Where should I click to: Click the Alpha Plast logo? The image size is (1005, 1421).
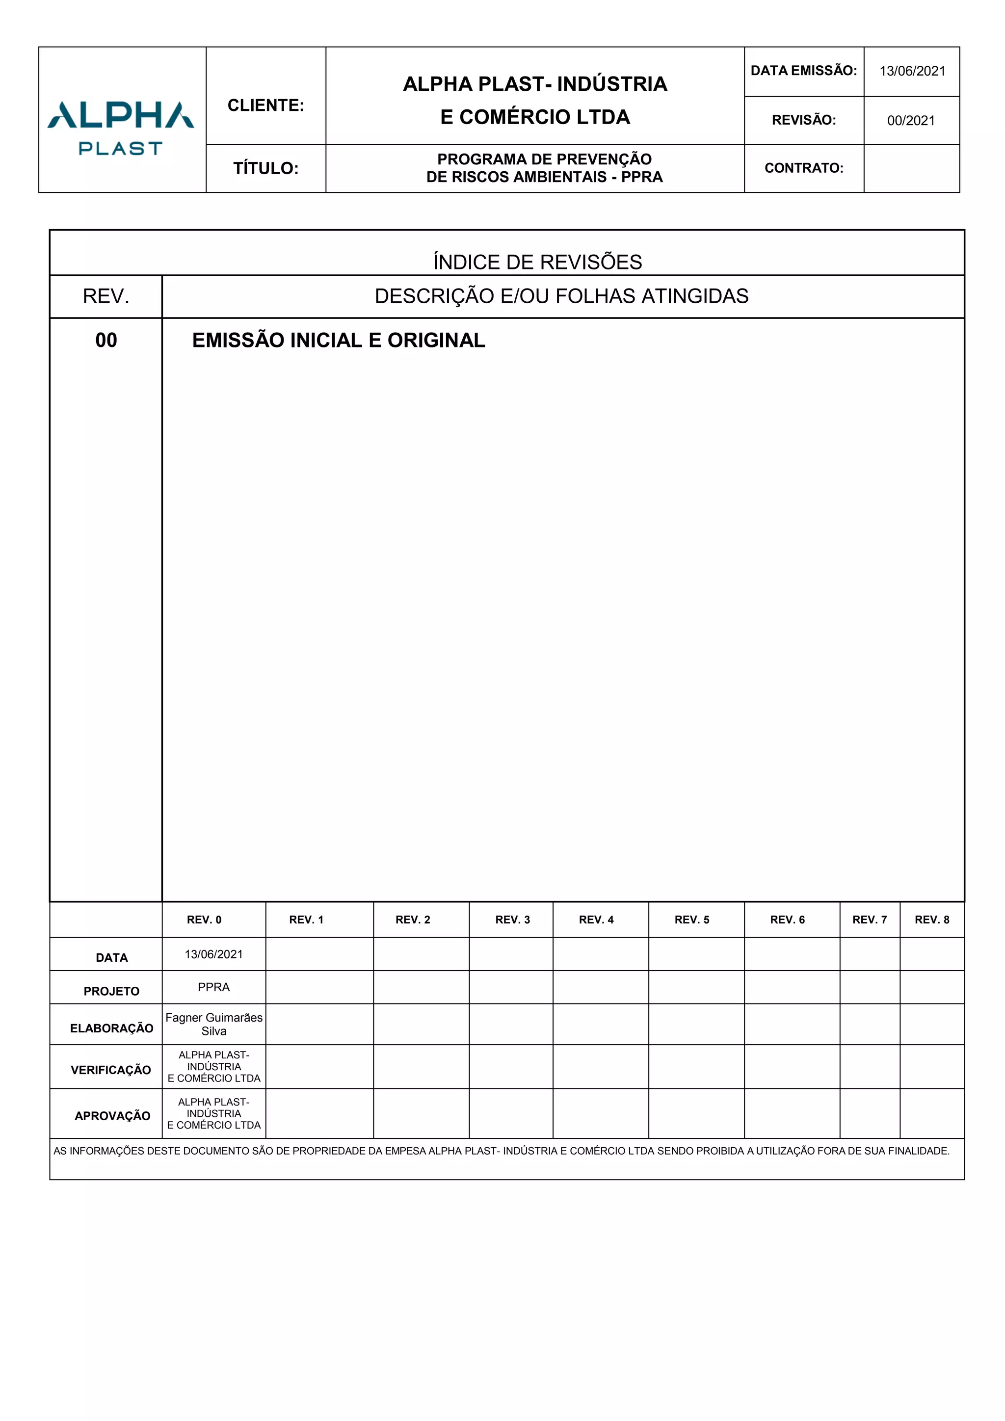click(x=121, y=127)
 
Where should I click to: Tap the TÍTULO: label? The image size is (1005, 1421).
click(x=265, y=168)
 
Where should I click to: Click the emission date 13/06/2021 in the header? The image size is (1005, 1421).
click(x=912, y=71)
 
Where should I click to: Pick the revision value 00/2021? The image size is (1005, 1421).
click(x=911, y=121)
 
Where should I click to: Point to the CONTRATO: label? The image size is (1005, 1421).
click(x=804, y=168)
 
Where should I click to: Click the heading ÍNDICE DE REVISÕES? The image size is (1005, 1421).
click(x=537, y=262)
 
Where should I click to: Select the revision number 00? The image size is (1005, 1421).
click(x=106, y=341)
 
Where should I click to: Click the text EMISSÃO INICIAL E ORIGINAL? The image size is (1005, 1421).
click(x=339, y=341)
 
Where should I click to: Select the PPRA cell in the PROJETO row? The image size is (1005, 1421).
click(x=213, y=987)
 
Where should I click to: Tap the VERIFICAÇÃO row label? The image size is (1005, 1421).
click(x=111, y=1070)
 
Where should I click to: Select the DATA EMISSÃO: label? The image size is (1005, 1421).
click(x=803, y=71)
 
